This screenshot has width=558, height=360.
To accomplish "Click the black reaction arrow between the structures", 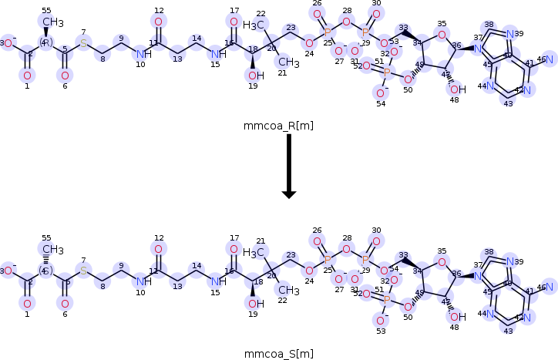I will (x=289, y=166).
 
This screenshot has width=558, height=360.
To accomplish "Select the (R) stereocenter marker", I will (x=45, y=42).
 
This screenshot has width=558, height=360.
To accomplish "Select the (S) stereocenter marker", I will (x=45, y=271).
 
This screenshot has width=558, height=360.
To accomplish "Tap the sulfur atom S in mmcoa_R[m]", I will (x=84, y=42).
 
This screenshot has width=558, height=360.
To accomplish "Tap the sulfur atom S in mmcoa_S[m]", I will (x=84, y=271).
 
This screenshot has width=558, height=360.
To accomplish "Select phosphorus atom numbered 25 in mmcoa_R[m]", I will (x=328, y=32).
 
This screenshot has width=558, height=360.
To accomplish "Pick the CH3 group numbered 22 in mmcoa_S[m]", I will (x=288, y=290).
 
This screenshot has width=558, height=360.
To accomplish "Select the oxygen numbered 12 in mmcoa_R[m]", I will (x=158, y=22).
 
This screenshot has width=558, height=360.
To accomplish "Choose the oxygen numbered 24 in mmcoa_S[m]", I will (x=308, y=271).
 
